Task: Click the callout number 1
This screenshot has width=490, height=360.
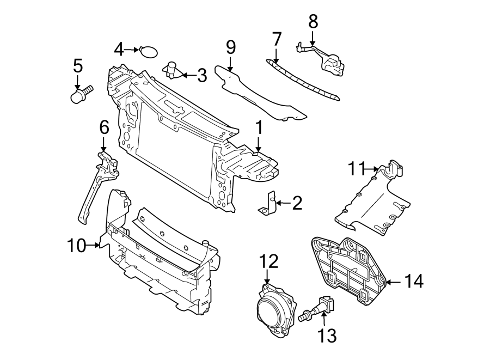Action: pos(259,128)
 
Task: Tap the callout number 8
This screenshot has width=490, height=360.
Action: pos(313,22)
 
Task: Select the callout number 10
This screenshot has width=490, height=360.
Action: pos(76,246)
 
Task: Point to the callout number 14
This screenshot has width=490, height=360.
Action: pos(414,282)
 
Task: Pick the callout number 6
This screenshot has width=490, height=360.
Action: pos(104,127)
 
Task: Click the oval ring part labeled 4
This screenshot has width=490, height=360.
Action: pos(148,52)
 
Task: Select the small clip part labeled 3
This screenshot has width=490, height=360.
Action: pos(173,69)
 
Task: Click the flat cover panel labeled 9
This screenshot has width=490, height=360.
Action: pos(256,95)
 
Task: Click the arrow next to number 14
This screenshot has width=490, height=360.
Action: pos(394,282)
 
